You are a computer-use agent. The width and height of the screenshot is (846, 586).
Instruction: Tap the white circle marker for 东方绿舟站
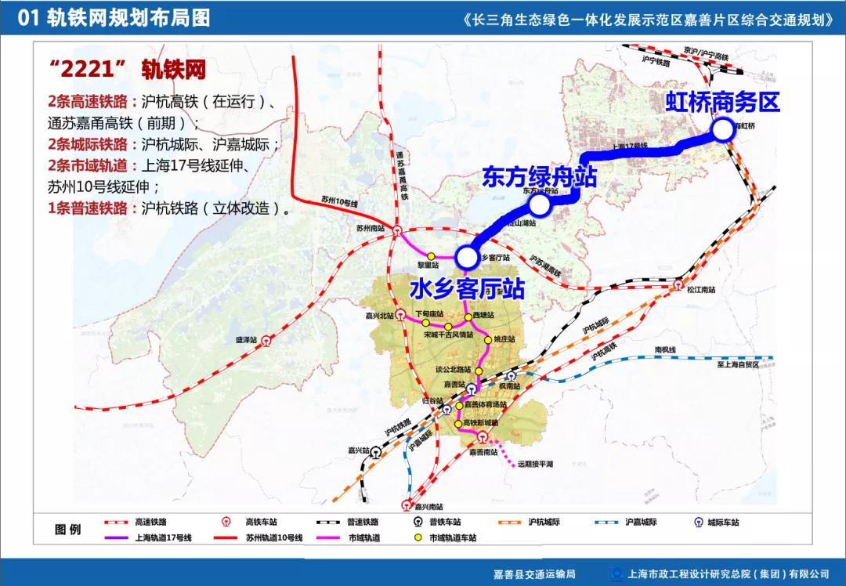[x=539, y=205]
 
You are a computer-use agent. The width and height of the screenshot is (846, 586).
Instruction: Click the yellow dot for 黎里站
[x=431, y=256]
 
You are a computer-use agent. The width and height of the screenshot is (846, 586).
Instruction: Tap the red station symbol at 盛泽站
[x=266, y=341]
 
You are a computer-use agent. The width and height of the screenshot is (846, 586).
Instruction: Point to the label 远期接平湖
[x=535, y=464]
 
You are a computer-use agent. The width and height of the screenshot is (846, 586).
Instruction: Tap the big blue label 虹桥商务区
[x=723, y=102]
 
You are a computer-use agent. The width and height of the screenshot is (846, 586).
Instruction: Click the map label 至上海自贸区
[x=727, y=364]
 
